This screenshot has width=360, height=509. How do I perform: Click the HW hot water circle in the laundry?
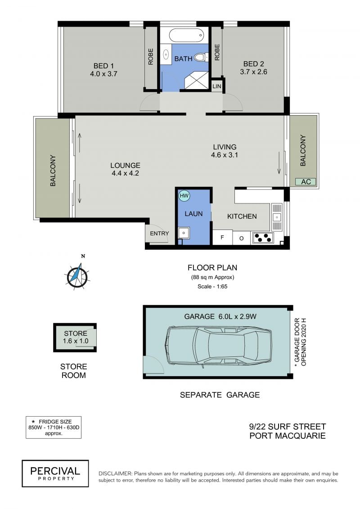[184, 196]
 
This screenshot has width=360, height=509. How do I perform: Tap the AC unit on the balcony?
[306, 182]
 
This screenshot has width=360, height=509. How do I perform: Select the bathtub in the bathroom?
[186, 35]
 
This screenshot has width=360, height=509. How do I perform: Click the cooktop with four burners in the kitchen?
[263, 238]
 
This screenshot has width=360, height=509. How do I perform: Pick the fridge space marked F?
[222, 237]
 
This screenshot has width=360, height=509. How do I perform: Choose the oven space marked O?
[242, 238]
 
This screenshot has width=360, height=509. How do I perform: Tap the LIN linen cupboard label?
[217, 86]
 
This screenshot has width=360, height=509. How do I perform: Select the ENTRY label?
[159, 233]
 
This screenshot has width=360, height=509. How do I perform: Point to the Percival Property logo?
[55, 473]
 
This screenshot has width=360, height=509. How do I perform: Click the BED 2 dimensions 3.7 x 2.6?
[253, 72]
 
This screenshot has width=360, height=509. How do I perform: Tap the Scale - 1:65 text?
[212, 286]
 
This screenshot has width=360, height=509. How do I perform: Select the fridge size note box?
[54, 427]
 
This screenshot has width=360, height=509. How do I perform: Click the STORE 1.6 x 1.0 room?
[75, 337]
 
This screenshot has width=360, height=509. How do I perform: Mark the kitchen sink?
[277, 216]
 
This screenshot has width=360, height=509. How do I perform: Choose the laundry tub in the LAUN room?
[184, 233]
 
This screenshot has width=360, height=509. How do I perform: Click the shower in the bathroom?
[196, 80]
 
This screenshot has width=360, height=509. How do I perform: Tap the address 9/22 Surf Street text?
[287, 426]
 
